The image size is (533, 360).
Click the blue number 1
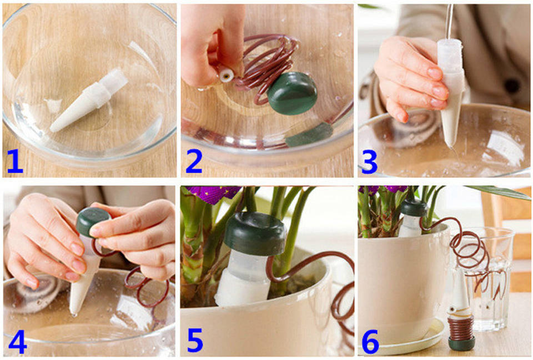click(15, 162)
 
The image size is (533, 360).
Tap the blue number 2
click(194, 161)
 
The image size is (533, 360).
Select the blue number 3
click(369, 162)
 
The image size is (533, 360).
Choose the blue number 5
click(195, 340)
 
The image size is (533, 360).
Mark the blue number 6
click(370, 341)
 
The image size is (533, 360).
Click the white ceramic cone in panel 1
click(89, 99)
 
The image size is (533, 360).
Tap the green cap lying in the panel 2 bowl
click(293, 93)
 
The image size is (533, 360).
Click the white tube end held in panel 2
click(226, 74)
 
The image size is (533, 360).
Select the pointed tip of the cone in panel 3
click(451, 147)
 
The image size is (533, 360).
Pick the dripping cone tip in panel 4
click(73, 314)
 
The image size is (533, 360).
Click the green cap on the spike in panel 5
click(255, 233)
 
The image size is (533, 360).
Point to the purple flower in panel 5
click(214, 194)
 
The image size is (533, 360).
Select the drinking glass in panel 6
click(490, 279)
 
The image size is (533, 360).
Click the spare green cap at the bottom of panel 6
click(461, 344)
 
